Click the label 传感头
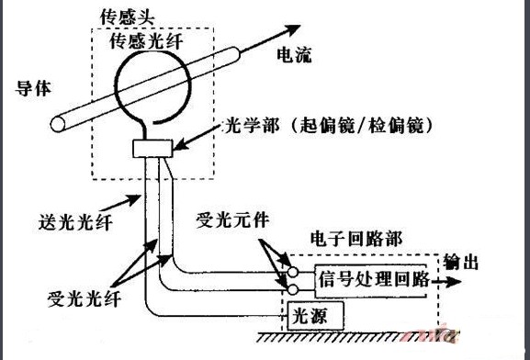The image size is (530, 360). pos(128,17)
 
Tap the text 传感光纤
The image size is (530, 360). pos(146,41)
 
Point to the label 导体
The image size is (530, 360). pos(33,88)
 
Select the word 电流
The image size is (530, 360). pos(294,55)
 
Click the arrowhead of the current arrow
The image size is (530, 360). pos(293,28)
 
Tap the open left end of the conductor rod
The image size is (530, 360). pos(58,124)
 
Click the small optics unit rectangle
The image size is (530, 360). pos(152,149)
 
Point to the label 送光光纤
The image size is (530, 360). pos(75,222)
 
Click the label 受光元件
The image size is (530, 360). pos(232,219)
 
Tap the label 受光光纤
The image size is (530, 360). pos(85,298)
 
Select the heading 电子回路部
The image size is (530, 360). pos(356,239)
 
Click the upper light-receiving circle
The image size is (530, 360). pos(292,272)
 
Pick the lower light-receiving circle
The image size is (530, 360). pos(292,289)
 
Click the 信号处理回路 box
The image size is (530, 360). pos(371,281)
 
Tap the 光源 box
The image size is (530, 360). pos(315,316)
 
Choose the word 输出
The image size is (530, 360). pos(461,262)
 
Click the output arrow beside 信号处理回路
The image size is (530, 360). pos(446,281)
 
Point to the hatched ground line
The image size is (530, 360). pos(357,337)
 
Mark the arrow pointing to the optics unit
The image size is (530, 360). pos(197,137)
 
